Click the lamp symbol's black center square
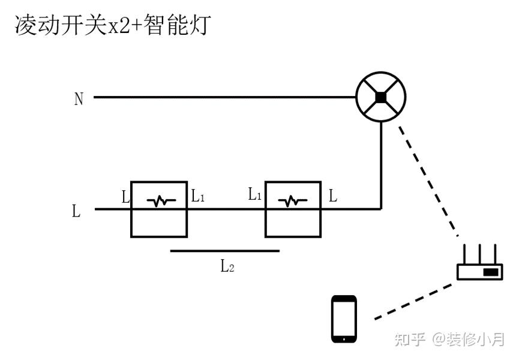(380, 97)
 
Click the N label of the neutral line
(79, 99)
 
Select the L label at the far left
(76, 211)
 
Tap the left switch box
(160, 225)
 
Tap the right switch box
(293, 225)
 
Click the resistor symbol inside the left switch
(160, 202)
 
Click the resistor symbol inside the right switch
(293, 202)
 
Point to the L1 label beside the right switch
(254, 194)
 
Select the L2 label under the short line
(227, 266)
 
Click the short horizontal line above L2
(224, 251)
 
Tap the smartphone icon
(344, 319)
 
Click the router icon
(479, 271)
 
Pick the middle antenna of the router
(479, 252)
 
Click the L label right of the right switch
(333, 195)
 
